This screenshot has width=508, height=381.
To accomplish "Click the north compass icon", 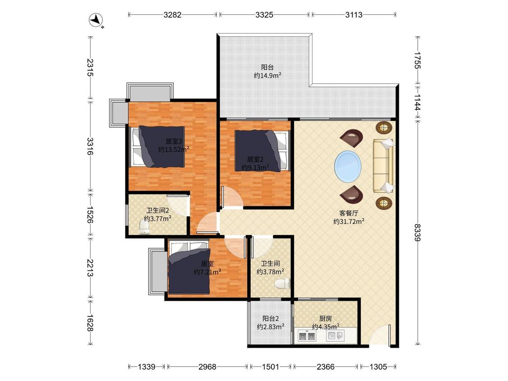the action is [x=96, y=20].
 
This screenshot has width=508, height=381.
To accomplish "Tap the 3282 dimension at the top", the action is [x=172, y=14].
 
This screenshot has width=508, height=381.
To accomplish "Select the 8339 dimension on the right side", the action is [x=418, y=232].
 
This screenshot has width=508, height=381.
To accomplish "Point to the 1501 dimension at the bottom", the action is [x=270, y=367].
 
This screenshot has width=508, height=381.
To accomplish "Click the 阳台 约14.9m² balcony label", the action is [x=267, y=71].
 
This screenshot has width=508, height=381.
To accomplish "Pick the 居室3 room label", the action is [x=174, y=141].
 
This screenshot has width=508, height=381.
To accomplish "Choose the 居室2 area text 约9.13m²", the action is [x=255, y=167].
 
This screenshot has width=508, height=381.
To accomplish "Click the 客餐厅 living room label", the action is [x=349, y=213].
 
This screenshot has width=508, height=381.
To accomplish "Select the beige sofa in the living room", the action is [x=383, y=166].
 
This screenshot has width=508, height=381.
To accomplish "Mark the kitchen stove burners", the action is [x=307, y=336].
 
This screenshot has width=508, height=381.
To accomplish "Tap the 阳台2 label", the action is [x=270, y=319].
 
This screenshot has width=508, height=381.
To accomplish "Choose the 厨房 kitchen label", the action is [x=326, y=319].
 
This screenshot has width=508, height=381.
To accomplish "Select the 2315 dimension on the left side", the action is [x=90, y=68].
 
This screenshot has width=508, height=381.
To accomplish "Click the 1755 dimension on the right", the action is [x=418, y=60].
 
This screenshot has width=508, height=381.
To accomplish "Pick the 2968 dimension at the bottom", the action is [x=207, y=367].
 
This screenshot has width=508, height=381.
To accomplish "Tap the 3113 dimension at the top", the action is [x=354, y=14].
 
